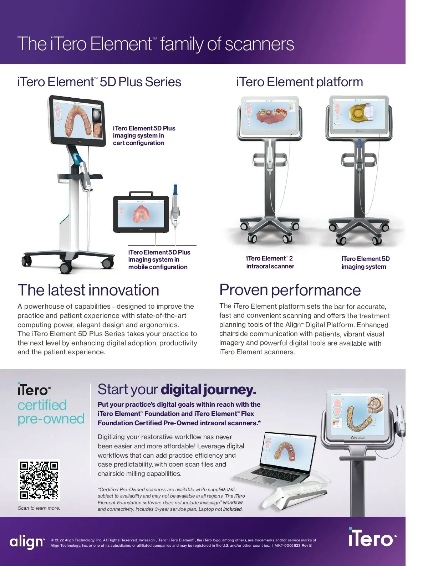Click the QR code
coord(39,480)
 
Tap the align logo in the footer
coord(27,542)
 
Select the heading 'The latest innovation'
coord(88,290)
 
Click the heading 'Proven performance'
coord(290,290)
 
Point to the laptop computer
coord(276,460)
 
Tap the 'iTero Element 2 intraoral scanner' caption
coord(270,262)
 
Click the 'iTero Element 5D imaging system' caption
coord(365,263)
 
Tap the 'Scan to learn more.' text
coord(39,508)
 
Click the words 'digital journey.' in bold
coord(208,390)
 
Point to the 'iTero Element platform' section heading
coord(299,82)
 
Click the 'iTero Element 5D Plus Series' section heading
coord(99,82)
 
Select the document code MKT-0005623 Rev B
coord(293,545)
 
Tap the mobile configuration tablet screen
coord(141,214)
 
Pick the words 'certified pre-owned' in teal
coord(51,412)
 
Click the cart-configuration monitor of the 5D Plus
coord(78,121)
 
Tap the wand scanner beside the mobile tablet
coord(175,207)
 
